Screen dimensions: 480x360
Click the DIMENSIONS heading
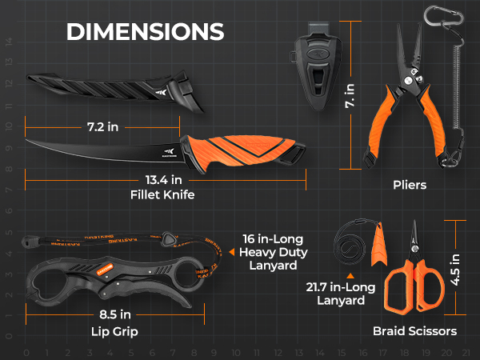[146, 31]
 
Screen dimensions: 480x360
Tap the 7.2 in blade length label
[103, 127]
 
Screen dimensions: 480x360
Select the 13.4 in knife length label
[164, 180]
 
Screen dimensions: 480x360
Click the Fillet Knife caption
[162, 194]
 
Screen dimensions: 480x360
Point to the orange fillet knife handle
[242, 150]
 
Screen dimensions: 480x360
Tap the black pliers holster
[316, 66]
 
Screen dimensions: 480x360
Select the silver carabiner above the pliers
[444, 16]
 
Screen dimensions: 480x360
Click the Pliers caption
[410, 185]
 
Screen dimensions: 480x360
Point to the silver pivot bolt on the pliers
[408, 81]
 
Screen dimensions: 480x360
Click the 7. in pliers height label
[350, 96]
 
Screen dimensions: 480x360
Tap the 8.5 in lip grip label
[115, 314]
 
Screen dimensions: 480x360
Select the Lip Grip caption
[114, 332]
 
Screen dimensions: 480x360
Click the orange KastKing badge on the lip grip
[105, 269]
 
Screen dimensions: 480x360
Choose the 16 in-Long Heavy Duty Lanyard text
[273, 252]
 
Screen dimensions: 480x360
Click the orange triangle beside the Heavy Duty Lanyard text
[232, 252]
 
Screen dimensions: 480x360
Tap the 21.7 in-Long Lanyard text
[341, 294]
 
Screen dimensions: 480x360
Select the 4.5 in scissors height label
[455, 270]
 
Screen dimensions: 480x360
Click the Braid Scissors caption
[414, 331]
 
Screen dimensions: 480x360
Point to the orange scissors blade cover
[378, 246]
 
